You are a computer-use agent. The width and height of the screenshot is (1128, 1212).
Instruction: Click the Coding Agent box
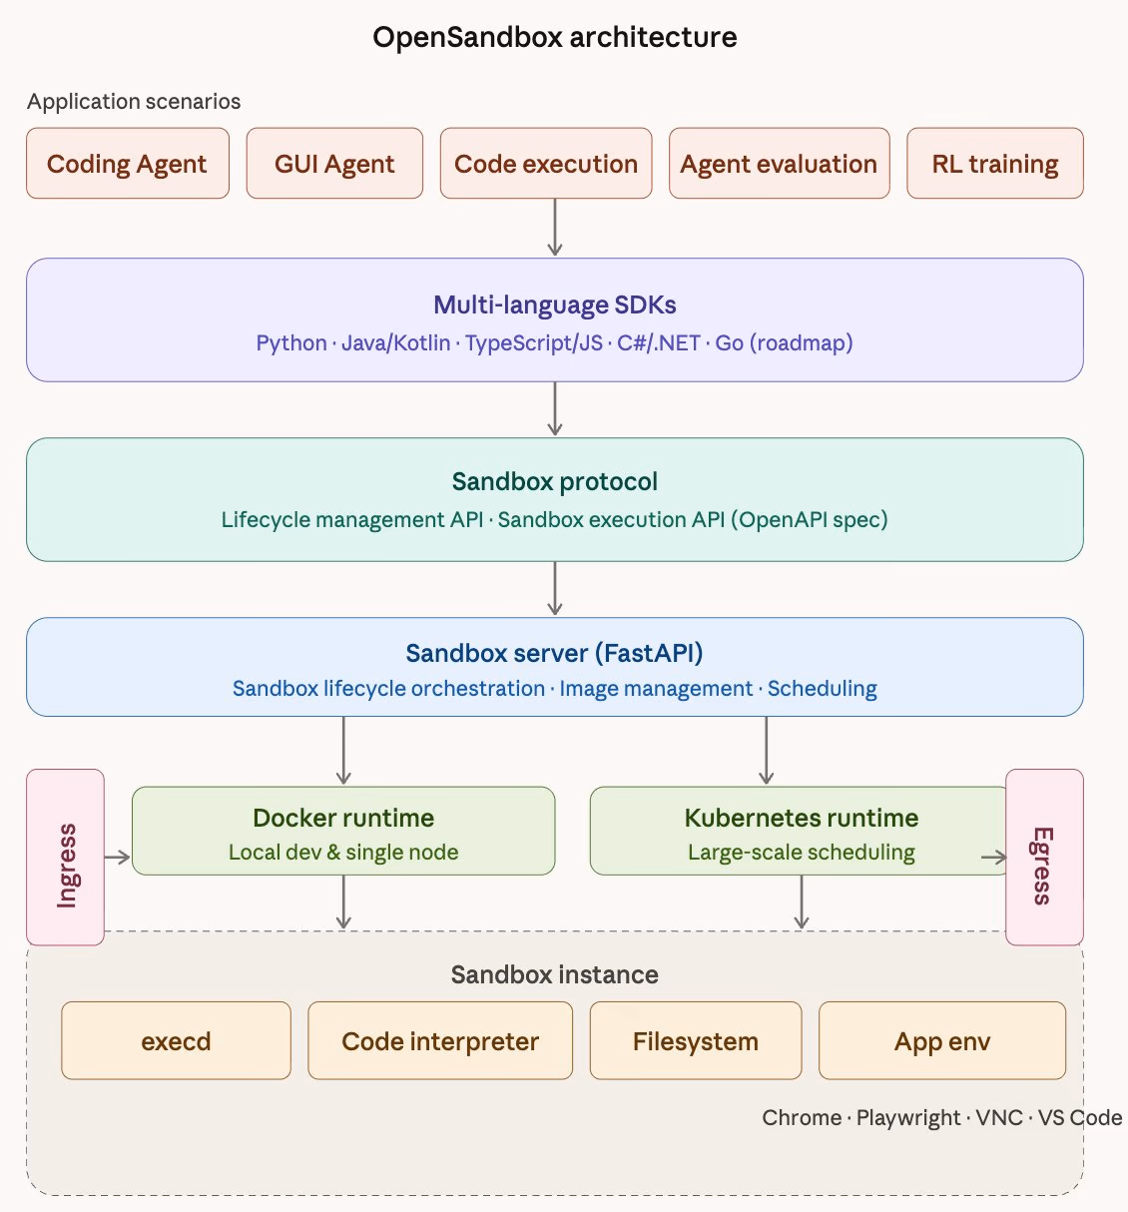tap(127, 164)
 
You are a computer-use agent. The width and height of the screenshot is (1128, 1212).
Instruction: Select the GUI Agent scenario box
tap(334, 164)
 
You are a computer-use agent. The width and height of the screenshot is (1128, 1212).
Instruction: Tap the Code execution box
tap(545, 164)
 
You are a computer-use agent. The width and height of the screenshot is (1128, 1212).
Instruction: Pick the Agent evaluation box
tap(779, 164)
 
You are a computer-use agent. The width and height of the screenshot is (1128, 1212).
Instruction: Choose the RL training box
tap(994, 164)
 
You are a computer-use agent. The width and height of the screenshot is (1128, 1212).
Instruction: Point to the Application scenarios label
tap(134, 102)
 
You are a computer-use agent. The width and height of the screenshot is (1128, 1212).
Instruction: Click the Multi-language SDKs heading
tap(554, 305)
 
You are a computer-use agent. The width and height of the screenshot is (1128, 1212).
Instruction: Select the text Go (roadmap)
tap(784, 343)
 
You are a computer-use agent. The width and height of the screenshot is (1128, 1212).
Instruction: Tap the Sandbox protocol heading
tap(554, 482)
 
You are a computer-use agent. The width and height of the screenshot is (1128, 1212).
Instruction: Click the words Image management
tap(656, 689)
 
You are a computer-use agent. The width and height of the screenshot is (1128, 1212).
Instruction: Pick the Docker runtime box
tap(343, 831)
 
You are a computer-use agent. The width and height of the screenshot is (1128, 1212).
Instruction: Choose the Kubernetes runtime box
tap(801, 831)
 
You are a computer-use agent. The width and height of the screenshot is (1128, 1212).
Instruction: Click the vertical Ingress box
tap(66, 857)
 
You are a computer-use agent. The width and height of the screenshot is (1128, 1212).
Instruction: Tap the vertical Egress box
tap(1043, 857)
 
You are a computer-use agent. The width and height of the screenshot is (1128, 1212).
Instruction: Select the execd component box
tap(176, 1041)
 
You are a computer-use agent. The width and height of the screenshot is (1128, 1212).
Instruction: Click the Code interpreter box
tap(440, 1041)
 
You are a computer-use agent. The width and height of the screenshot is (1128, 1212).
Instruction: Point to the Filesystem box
tap(695, 1041)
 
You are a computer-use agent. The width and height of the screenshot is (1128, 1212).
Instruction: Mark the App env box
tap(942, 1041)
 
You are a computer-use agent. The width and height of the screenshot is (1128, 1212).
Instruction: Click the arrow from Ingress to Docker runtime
tap(118, 857)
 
